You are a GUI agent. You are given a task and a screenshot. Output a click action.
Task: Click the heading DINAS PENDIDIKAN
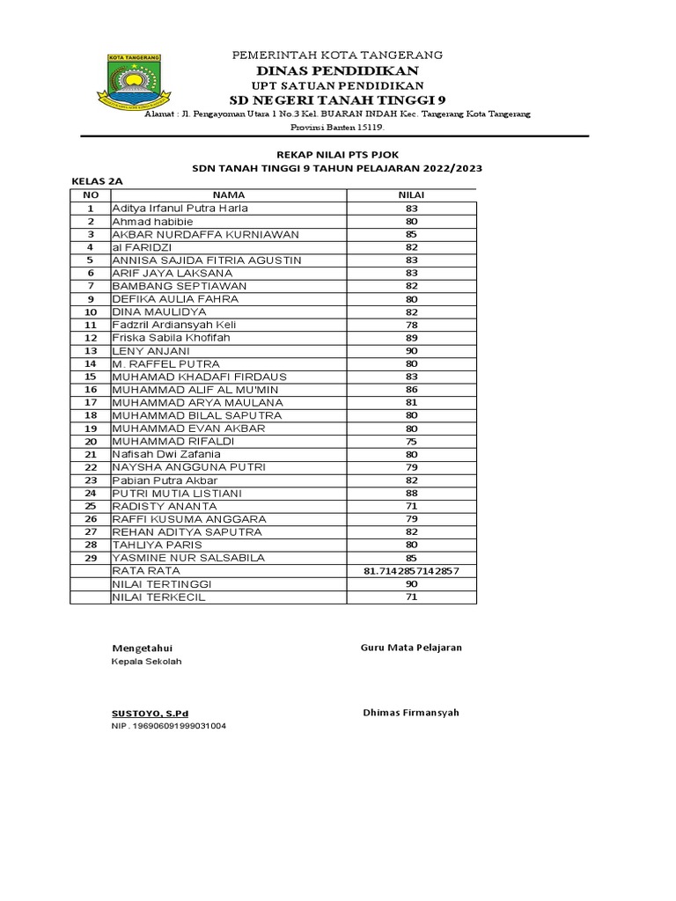click(x=337, y=70)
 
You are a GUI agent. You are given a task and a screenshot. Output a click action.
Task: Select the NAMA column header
click(x=228, y=194)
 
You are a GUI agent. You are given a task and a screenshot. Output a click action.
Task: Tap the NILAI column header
click(x=411, y=194)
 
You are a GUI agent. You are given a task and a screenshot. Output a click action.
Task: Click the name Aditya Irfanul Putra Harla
click(x=180, y=209)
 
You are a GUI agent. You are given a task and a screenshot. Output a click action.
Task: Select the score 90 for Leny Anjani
click(x=411, y=351)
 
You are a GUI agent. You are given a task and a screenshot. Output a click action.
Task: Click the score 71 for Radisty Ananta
click(x=411, y=507)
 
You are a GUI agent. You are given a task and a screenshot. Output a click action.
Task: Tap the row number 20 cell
click(x=90, y=442)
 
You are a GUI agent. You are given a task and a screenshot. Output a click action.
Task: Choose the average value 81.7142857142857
click(x=411, y=571)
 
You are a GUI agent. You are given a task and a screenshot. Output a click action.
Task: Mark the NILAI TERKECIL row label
click(x=159, y=597)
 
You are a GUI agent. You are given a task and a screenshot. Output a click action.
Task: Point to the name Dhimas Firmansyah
click(x=411, y=713)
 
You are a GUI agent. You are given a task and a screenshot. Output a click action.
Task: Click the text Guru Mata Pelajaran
click(x=411, y=648)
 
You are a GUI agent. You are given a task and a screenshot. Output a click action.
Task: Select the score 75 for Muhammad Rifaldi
click(x=411, y=442)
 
